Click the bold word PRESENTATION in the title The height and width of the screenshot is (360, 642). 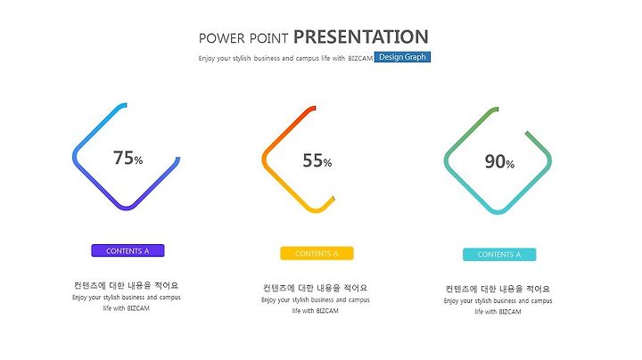(x=361, y=37)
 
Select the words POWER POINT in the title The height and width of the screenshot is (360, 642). (x=243, y=38)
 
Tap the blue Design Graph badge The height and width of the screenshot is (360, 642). (x=402, y=57)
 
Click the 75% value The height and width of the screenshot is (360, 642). (x=128, y=158)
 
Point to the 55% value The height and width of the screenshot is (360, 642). (x=317, y=160)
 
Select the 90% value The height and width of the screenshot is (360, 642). (x=499, y=161)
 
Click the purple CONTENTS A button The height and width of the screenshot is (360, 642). (x=128, y=250)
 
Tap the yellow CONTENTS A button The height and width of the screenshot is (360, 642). (x=317, y=253)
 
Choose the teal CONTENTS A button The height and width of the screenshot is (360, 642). (x=499, y=255)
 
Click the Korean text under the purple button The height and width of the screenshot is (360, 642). (x=126, y=285)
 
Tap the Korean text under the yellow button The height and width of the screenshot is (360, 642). (x=316, y=288)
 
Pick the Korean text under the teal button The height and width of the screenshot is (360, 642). (x=498, y=290)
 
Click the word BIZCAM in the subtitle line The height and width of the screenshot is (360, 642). (x=360, y=59)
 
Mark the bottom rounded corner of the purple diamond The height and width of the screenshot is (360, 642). (x=127, y=208)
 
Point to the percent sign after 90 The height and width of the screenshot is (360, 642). (x=510, y=165)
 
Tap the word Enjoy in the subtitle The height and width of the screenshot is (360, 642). (x=206, y=59)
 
